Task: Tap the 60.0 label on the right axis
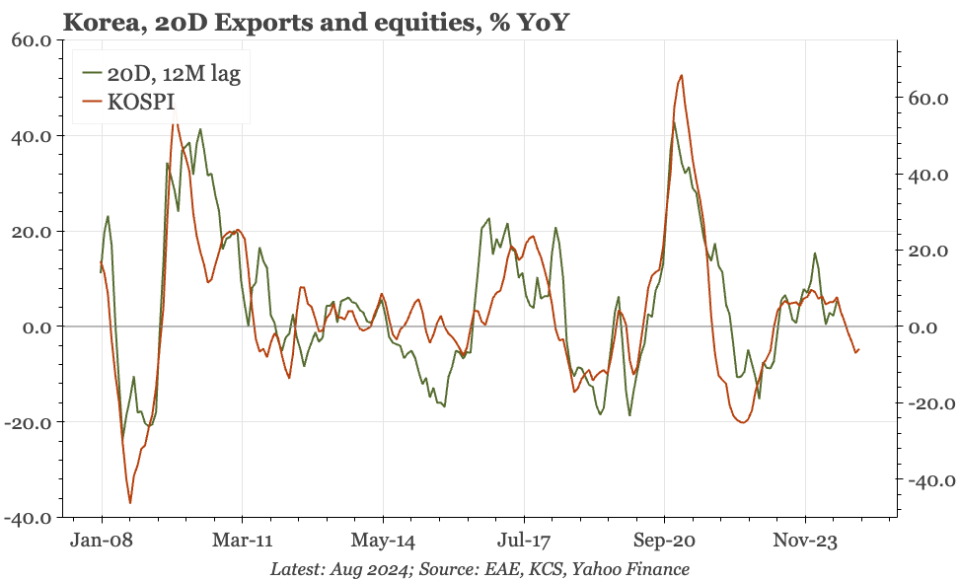tap(927, 99)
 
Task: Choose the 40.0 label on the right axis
tap(927, 176)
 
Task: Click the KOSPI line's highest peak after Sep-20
tap(682, 75)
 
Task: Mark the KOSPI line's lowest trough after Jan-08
tap(130, 503)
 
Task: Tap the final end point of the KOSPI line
tap(859, 348)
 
